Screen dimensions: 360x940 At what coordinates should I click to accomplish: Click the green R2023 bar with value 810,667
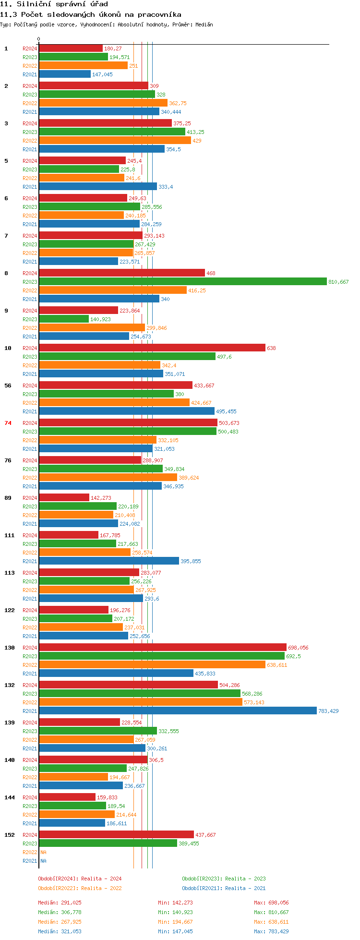pyautogui.click(x=183, y=282)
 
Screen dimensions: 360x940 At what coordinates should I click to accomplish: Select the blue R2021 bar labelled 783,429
pyautogui.click(x=178, y=711)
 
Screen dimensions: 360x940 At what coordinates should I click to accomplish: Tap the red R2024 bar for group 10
pyautogui.click(x=152, y=348)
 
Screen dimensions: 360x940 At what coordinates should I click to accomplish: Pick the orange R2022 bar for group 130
pyautogui.click(x=152, y=665)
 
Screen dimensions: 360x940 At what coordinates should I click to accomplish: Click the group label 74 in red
pyautogui.click(x=8, y=423)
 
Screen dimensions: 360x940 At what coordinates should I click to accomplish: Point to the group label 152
pyautogui.click(x=10, y=835)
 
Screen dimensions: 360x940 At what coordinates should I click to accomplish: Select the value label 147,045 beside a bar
pyautogui.click(x=102, y=74)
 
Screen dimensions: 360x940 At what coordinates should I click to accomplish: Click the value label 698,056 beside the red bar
pyautogui.click(x=298, y=648)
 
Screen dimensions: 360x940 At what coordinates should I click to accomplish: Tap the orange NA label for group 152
pyautogui.click(x=43, y=852)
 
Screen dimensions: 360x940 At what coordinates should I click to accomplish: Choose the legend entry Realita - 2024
pyautogui.click(x=80, y=879)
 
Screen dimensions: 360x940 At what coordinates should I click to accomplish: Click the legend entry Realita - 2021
pyautogui.click(x=224, y=888)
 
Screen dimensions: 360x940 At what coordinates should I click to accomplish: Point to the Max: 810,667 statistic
pyautogui.click(x=271, y=912)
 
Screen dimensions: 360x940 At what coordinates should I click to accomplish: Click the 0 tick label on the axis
pyautogui.click(x=39, y=39)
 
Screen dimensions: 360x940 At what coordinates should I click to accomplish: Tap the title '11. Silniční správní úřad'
pyautogui.click(x=54, y=4)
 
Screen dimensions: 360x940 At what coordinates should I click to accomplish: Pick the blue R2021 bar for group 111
pyautogui.click(x=109, y=561)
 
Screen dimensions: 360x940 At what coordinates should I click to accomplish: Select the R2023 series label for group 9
pyautogui.click(x=30, y=319)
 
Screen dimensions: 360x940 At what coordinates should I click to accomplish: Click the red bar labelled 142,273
pyautogui.click(x=64, y=498)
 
